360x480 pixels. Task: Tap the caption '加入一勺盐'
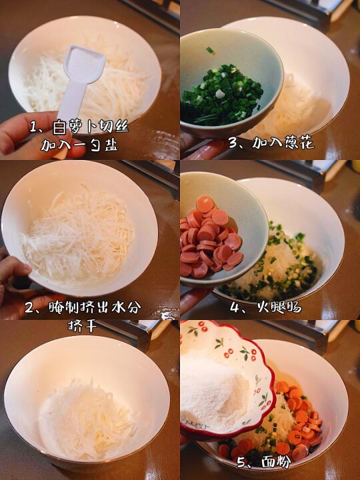coord(79,145)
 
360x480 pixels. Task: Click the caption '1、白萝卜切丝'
coord(79,127)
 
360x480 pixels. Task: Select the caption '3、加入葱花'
coord(271,143)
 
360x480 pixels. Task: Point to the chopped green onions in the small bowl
coord(222,94)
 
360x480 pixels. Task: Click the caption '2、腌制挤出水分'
coord(83,307)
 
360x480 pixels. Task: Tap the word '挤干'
coord(83,326)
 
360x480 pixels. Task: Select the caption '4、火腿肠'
coord(266,307)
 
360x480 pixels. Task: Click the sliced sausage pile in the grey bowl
coord(211,238)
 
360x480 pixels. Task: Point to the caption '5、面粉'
coord(264,461)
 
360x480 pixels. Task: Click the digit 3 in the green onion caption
coord(233,143)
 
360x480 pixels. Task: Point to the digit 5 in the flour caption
coord(241,462)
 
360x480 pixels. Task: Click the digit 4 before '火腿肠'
coord(235,307)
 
